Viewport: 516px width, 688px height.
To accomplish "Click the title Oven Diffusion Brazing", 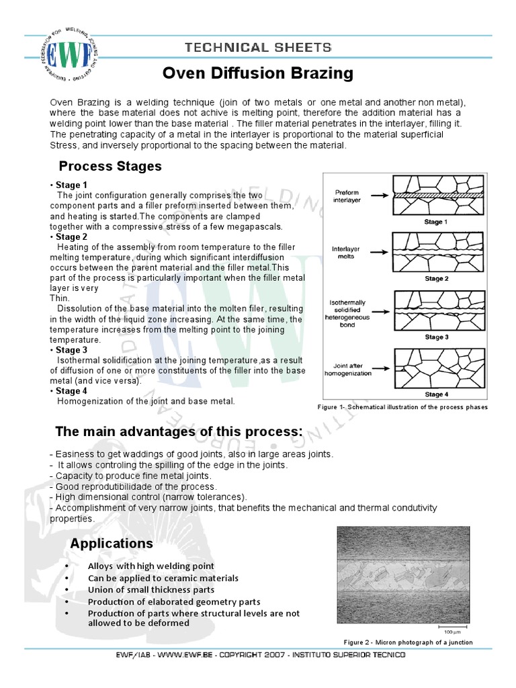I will [259, 73].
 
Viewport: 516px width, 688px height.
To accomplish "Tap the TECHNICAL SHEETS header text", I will [259, 47].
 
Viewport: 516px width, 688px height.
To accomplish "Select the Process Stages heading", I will [110, 166].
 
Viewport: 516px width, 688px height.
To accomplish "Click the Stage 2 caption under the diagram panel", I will [433, 278].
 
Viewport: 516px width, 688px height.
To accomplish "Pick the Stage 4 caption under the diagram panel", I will [433, 394].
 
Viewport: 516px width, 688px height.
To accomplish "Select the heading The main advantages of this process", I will [179, 431].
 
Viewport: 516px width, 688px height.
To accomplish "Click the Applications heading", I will [112, 543].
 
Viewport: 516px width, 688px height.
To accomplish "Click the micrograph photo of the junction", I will [402, 575].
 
